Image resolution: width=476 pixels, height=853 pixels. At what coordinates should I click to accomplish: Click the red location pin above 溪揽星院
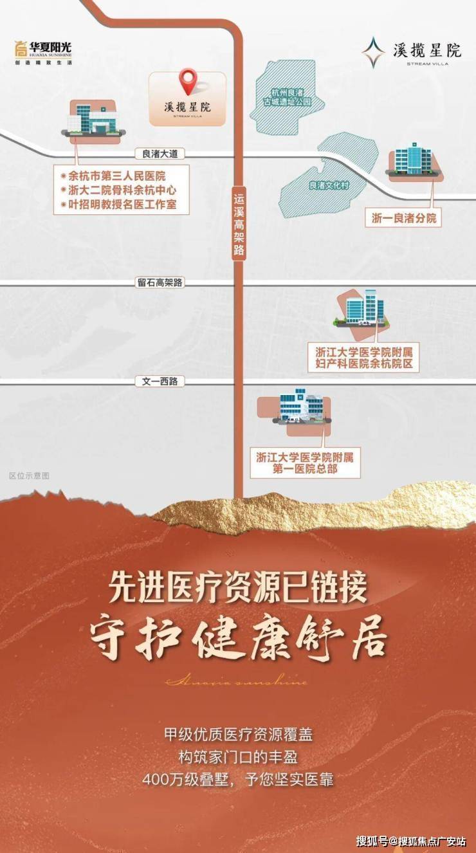click(187, 81)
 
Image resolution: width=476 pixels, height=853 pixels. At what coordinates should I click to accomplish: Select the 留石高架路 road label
click(160, 282)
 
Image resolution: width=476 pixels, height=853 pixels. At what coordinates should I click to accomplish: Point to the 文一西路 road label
click(160, 381)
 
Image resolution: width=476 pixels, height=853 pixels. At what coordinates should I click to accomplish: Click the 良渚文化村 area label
click(328, 185)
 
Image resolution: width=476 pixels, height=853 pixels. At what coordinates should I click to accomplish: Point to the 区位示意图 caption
click(29, 476)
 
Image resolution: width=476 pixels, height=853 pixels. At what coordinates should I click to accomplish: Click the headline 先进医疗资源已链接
click(237, 587)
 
